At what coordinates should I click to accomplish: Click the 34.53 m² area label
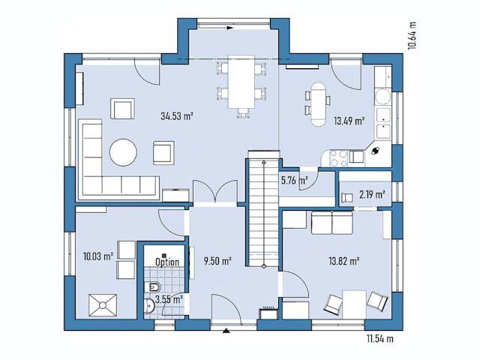pyautogui.click(x=177, y=116)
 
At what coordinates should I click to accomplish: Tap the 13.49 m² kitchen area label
pyautogui.click(x=349, y=120)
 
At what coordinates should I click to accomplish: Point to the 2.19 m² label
pyautogui.click(x=372, y=195)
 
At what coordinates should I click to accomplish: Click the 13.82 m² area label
pyautogui.click(x=345, y=261)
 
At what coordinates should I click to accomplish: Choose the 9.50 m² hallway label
pyautogui.click(x=217, y=261)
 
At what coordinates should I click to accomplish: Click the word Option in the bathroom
pyautogui.click(x=166, y=262)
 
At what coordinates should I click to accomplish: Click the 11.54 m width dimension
pyautogui.click(x=380, y=339)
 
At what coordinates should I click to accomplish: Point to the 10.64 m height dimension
pyautogui.click(x=412, y=34)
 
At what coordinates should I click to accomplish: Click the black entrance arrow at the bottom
pyautogui.click(x=226, y=329)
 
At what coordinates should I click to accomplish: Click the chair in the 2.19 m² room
pyautogui.click(x=348, y=197)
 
